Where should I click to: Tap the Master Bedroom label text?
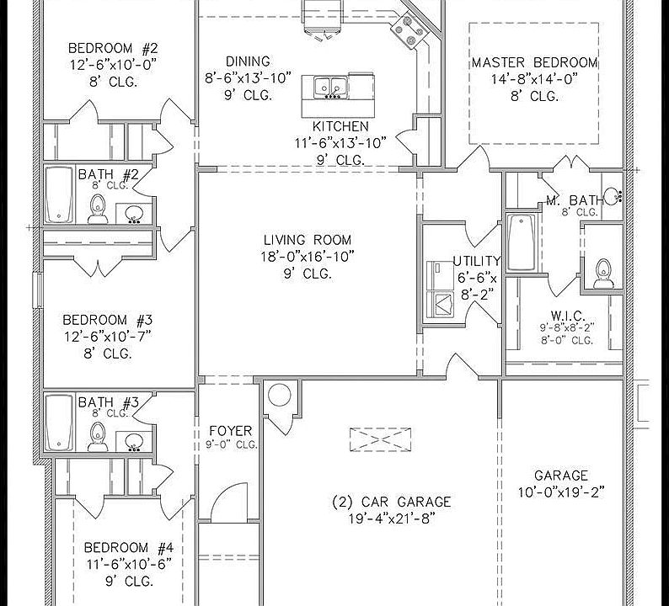click(x=534, y=63)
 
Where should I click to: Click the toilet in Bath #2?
click(x=97, y=209)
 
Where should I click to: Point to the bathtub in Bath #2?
click(x=58, y=194)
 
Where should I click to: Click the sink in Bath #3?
click(x=133, y=441)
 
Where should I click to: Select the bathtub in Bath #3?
click(x=58, y=423)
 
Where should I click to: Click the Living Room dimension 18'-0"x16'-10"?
click(x=308, y=257)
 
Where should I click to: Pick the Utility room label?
click(x=476, y=261)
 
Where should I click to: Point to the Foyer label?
click(x=230, y=431)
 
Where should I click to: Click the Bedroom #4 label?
click(x=118, y=547)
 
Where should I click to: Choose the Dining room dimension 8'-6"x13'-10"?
click(x=248, y=77)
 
